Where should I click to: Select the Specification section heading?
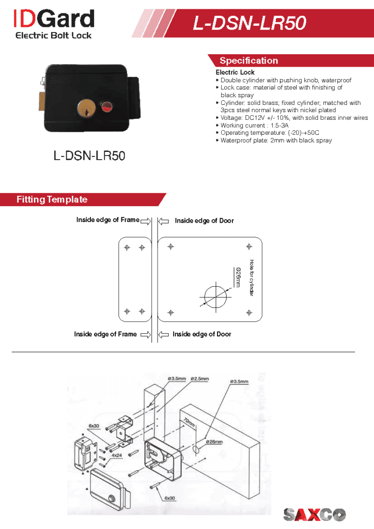point(248,60)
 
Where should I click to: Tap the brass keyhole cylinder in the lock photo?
point(85,108)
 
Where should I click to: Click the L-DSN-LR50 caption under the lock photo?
point(89,155)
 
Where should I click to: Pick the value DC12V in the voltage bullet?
point(248,118)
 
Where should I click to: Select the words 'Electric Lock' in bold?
point(235,73)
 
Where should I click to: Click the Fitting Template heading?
point(52,199)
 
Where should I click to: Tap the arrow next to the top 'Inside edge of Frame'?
point(145,221)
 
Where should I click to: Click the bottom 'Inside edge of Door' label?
point(202,334)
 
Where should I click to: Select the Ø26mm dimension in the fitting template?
point(238,277)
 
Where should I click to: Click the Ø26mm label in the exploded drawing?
point(214,442)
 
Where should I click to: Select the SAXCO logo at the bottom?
point(315,514)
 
